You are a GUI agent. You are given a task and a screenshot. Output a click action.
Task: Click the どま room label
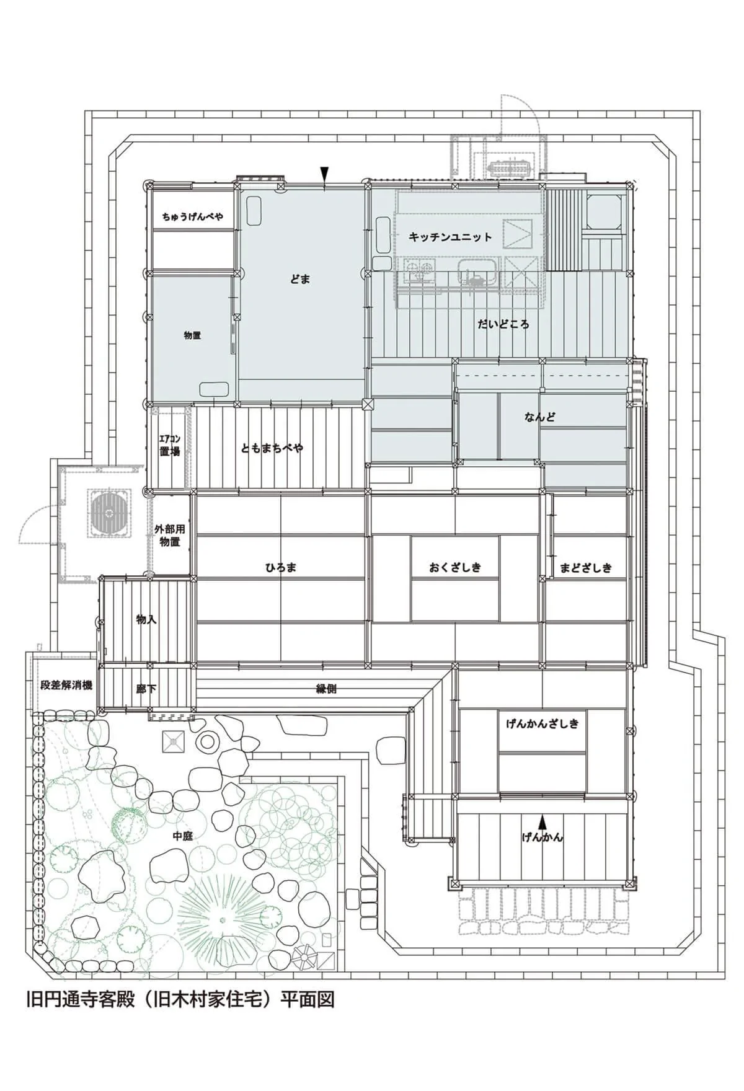(300, 280)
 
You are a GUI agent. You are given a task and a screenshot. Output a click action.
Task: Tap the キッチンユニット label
(450, 237)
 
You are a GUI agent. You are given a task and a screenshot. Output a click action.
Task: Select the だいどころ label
(503, 324)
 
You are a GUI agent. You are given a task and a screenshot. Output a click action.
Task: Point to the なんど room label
(539, 417)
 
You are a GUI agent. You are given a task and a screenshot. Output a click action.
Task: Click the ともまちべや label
(272, 448)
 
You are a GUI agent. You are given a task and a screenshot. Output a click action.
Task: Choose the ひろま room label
(281, 567)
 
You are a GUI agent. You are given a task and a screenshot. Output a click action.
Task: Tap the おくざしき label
(454, 567)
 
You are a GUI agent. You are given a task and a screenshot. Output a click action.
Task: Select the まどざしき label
(585, 567)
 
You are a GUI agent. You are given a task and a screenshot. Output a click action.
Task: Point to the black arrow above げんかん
(542, 822)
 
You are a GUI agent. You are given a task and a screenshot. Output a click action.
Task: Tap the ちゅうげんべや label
(193, 217)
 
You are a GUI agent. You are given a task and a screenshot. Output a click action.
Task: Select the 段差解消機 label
(66, 686)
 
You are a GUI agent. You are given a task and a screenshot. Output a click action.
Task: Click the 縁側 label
(326, 689)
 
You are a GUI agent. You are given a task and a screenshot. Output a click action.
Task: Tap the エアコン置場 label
(169, 447)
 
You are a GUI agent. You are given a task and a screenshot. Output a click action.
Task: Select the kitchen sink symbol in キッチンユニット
(477, 273)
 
